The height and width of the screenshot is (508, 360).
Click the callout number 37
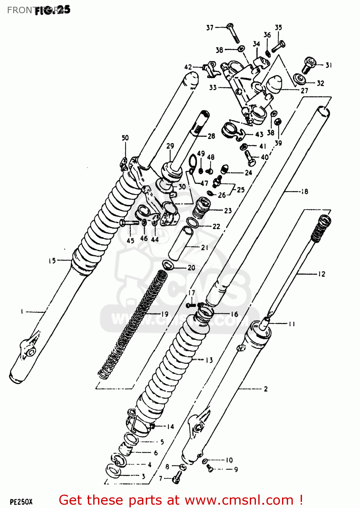(x=210, y=27)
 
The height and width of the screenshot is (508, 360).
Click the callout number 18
(x=304, y=192)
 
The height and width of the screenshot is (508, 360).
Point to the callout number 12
(x=321, y=274)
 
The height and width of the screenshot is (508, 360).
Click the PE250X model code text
(x=21, y=502)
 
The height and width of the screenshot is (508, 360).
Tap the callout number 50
(x=125, y=138)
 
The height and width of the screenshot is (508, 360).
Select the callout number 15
(x=52, y=261)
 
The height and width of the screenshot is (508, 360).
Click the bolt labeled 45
(x=128, y=223)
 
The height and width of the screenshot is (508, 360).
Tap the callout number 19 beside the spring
(x=164, y=314)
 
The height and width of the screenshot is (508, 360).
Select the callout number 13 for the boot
(x=209, y=360)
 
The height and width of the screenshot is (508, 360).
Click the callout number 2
(x=265, y=389)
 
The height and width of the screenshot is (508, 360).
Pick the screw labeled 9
(x=209, y=468)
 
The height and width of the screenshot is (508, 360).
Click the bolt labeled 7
(x=177, y=478)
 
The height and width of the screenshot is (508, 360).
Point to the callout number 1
(x=22, y=311)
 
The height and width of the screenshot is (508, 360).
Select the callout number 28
(x=211, y=136)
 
